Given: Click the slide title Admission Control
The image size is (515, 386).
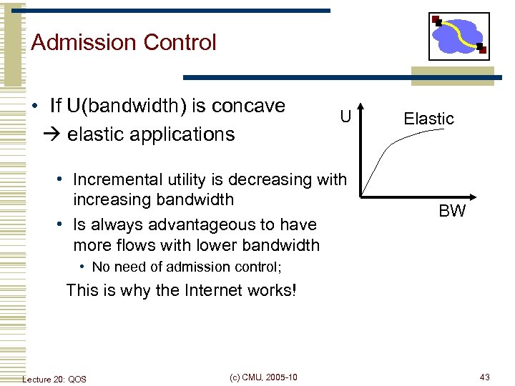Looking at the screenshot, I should pyautogui.click(x=123, y=43).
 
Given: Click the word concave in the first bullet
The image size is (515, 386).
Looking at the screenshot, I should pyautogui.click(x=248, y=106).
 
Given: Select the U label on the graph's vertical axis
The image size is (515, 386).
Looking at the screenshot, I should pyautogui.click(x=345, y=117).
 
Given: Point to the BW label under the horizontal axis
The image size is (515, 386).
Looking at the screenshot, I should pyautogui.click(x=452, y=211).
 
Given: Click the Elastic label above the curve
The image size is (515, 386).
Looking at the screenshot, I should pyautogui.click(x=428, y=119).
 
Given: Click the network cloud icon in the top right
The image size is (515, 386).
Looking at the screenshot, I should pyautogui.click(x=458, y=36).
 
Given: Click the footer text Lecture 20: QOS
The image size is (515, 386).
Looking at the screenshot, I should pyautogui.click(x=54, y=378).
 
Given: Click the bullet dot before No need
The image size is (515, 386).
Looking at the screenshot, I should pyautogui.click(x=83, y=267).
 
